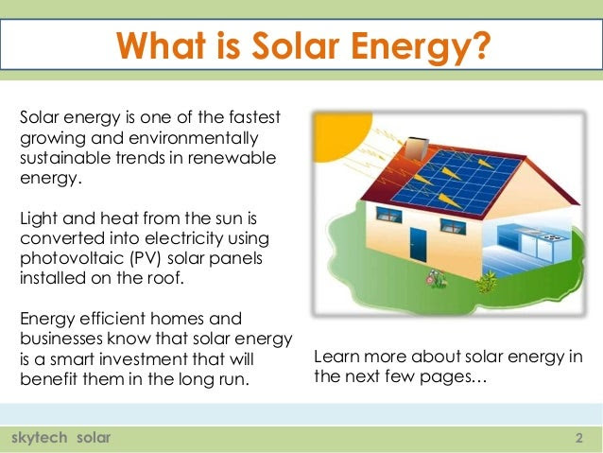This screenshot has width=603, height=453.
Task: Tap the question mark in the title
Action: pos(481,45)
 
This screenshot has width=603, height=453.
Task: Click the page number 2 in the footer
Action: pos(579,438)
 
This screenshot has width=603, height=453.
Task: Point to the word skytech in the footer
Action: pos(40,438)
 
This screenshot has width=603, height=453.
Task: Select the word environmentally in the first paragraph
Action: pos(194,139)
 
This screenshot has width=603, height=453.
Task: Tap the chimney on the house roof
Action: pos(417,148)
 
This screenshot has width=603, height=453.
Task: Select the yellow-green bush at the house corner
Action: pos(487,281)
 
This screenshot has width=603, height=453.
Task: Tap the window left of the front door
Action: pos(388,215)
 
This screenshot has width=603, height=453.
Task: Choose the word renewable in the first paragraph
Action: pos(232,158)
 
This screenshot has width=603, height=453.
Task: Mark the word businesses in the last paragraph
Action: pos(61,339)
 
